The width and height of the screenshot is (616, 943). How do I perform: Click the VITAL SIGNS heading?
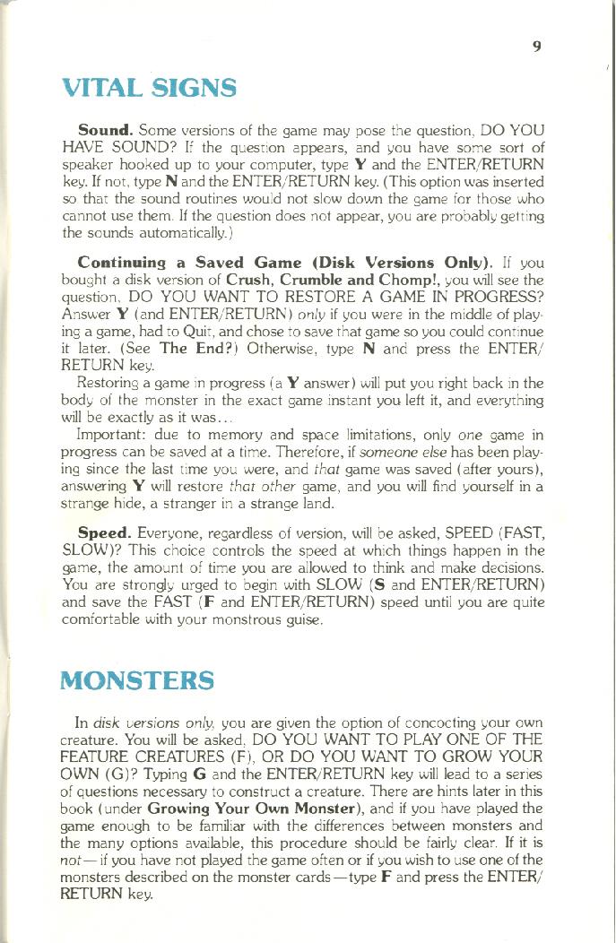tap(149, 89)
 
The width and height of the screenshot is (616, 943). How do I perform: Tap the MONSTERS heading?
tap(137, 679)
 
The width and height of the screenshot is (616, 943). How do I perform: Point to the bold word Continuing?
tap(122, 262)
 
